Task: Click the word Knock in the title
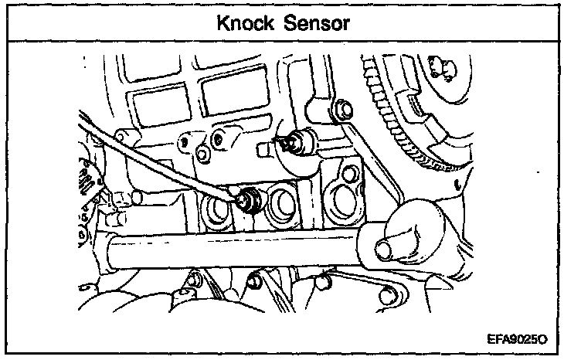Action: tap(245, 23)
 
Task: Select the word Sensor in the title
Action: tap(317, 23)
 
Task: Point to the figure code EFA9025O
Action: tap(517, 339)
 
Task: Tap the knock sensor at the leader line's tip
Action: tap(250, 201)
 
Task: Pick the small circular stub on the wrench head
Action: tap(383, 249)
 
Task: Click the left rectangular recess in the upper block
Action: tap(161, 105)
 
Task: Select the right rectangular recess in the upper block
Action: tap(236, 91)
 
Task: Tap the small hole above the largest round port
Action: tap(350, 173)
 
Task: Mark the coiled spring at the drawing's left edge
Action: tap(84, 177)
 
